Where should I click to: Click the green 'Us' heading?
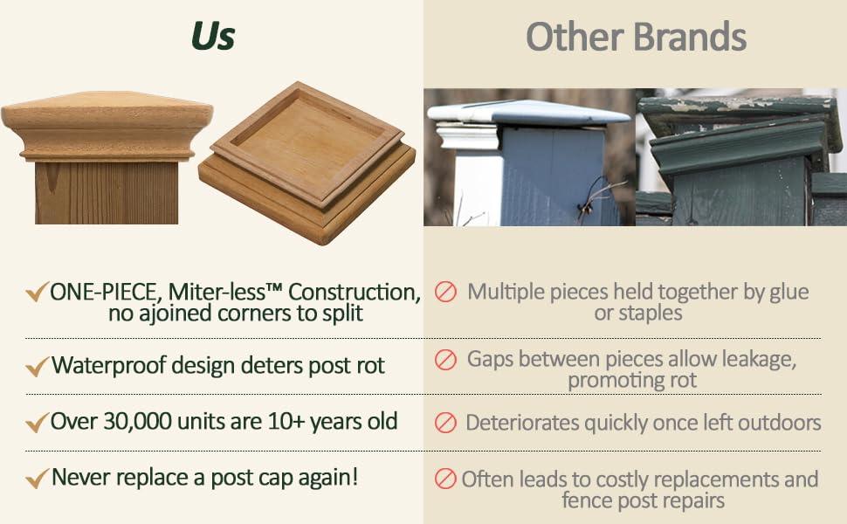[x=213, y=36]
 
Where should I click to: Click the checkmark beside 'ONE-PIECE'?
[x=38, y=292]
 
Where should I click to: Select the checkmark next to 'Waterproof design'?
[x=38, y=367]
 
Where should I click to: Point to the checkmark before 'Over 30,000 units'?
[x=38, y=423]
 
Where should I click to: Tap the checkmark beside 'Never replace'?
[x=38, y=479]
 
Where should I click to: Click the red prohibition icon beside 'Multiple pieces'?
[x=445, y=292]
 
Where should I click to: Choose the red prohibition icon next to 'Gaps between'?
[x=445, y=360]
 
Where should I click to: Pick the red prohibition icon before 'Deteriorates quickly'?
[x=445, y=423]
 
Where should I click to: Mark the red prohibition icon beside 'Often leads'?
[x=445, y=479]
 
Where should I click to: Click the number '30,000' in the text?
[x=138, y=421]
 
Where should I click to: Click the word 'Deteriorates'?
[x=522, y=423]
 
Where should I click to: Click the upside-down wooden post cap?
[x=306, y=162]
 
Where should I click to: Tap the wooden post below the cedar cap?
[x=107, y=192]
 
